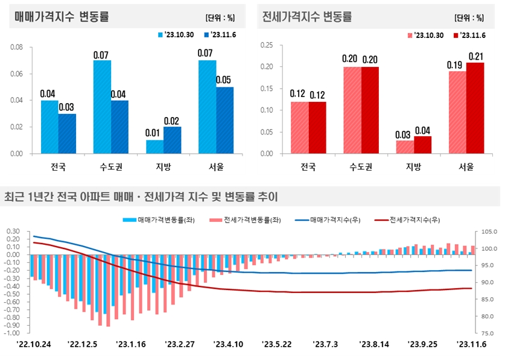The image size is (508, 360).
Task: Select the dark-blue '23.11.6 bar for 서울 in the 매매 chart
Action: coord(224,120)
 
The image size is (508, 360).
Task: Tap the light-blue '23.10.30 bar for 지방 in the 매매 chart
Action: coord(154,147)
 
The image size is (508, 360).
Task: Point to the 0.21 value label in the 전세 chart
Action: coord(475,57)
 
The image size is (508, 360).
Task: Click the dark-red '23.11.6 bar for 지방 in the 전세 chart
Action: coord(422,145)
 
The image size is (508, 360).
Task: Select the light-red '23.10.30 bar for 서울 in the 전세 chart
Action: coord(457,112)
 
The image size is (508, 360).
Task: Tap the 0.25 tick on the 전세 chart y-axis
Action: coord(265,45)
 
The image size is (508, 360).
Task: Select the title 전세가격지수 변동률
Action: coord(306,16)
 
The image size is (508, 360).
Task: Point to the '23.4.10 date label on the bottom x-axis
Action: coord(229,344)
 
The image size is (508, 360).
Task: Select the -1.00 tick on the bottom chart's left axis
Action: coord(13,333)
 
